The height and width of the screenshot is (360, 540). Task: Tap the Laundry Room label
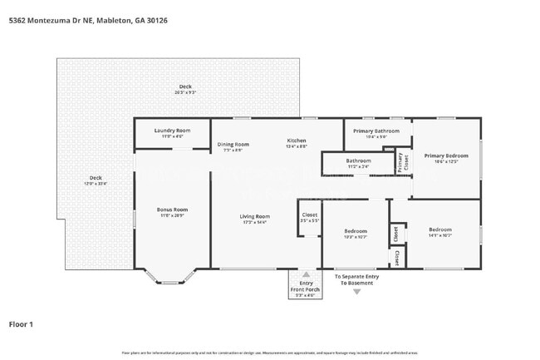click(x=173, y=131)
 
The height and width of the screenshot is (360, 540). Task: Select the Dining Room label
click(x=233, y=145)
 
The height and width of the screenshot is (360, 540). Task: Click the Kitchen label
click(x=297, y=141)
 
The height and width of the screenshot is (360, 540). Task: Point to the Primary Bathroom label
click(x=376, y=131)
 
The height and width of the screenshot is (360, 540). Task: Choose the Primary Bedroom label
click(x=447, y=155)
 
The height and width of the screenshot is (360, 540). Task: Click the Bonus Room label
click(x=173, y=210)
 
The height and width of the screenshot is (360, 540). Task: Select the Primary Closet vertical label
click(x=400, y=161)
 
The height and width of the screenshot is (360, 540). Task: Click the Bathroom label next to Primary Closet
click(x=358, y=160)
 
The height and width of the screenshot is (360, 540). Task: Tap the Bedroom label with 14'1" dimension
click(x=440, y=229)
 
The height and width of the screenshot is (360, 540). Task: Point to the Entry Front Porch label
click(x=306, y=288)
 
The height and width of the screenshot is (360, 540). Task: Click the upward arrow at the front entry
click(x=306, y=274)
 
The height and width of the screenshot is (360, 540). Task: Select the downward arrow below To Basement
click(x=357, y=292)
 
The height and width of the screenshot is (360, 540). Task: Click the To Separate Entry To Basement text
click(x=356, y=279)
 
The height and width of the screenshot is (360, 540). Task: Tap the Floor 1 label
click(x=21, y=323)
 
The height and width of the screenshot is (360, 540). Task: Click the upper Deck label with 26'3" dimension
click(x=184, y=87)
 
